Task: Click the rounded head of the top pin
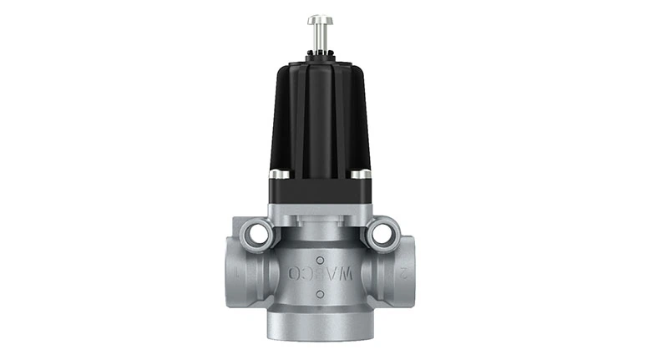click(320, 19)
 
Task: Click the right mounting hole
click(383, 235)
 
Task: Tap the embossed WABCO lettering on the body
click(321, 272)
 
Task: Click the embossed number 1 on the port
click(241, 274)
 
